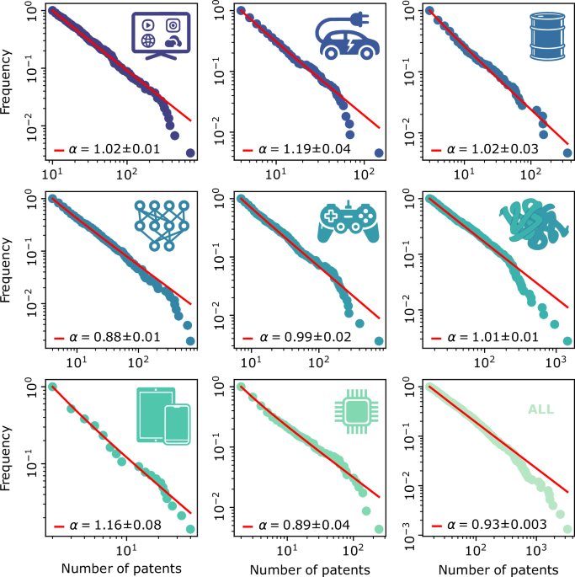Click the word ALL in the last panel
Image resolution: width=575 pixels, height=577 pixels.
click(540, 410)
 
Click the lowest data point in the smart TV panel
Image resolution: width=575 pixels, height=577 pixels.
click(190, 152)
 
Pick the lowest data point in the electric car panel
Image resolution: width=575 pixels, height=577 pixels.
click(380, 152)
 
